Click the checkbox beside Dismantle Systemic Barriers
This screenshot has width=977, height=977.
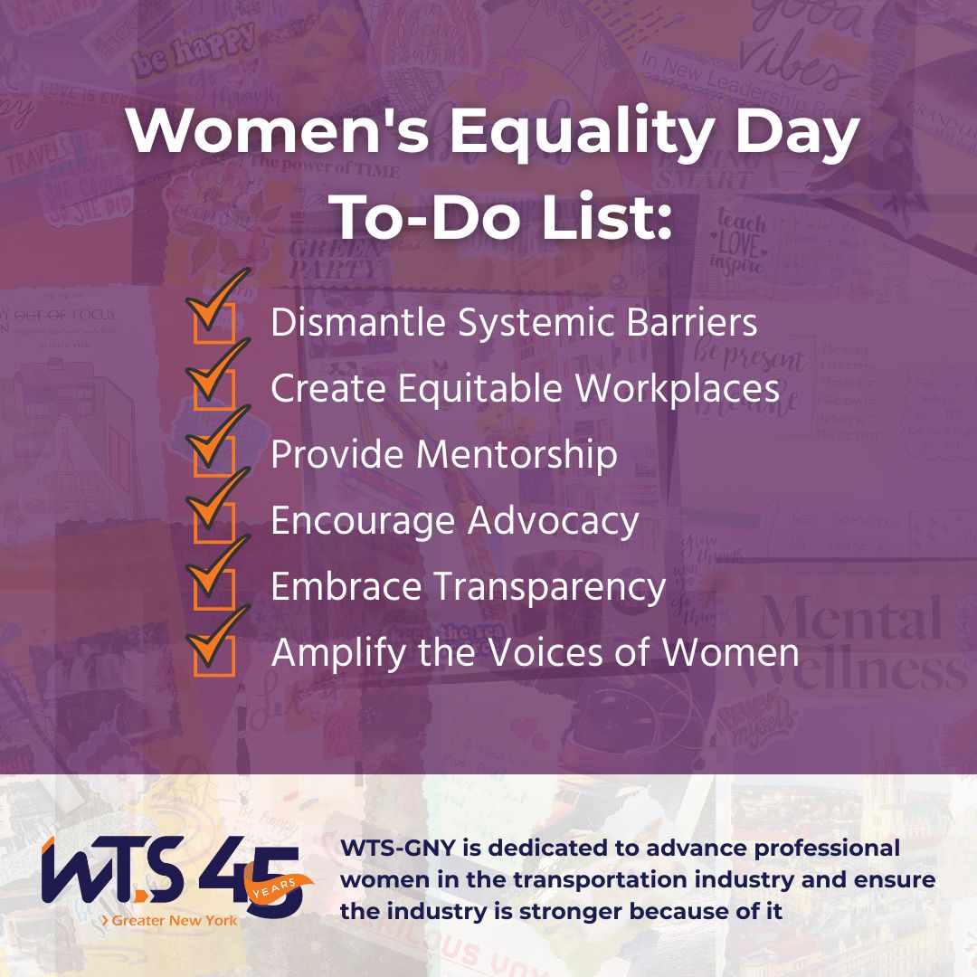pos(214,324)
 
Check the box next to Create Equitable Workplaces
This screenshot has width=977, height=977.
pos(214,390)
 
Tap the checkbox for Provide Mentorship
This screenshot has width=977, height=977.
pos(214,455)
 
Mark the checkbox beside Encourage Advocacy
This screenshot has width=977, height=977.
pos(214,521)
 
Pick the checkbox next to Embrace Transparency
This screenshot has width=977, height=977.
pos(214,587)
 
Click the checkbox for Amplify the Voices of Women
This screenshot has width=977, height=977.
pos(214,653)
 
